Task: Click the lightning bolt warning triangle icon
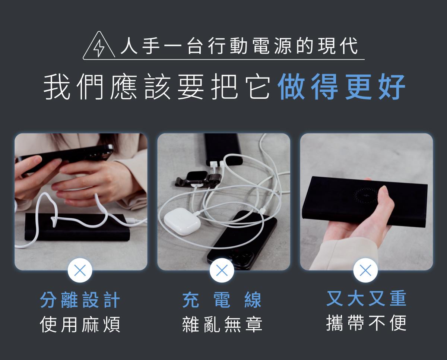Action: [99, 45]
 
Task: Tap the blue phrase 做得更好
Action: [342, 87]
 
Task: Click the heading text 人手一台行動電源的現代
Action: [239, 46]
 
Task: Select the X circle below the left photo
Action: [80, 270]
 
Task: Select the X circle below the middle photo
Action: [222, 270]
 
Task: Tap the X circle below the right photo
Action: [365, 270]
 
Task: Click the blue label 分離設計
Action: [80, 300]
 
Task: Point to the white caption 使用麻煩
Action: [80, 325]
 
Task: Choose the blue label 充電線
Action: [222, 300]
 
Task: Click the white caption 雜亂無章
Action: [222, 324]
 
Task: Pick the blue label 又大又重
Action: [366, 298]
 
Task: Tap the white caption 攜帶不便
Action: [366, 323]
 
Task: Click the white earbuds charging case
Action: [182, 222]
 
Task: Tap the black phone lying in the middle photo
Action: [242, 240]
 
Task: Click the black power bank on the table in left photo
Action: [77, 227]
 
